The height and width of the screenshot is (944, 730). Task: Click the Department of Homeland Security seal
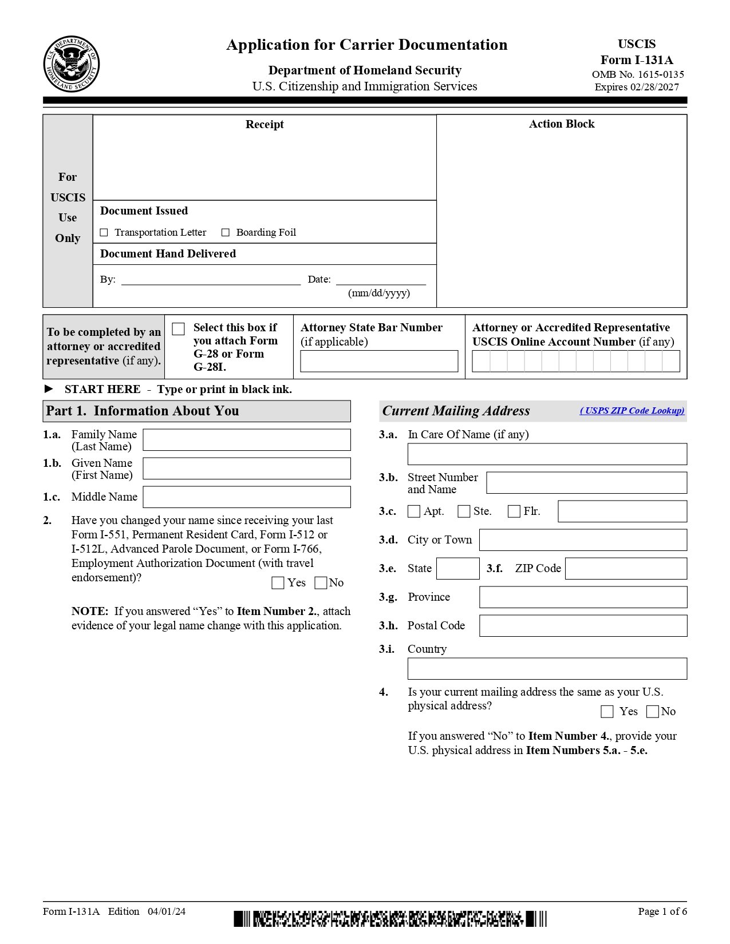click(71, 64)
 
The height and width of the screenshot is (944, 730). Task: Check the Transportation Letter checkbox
click(104, 232)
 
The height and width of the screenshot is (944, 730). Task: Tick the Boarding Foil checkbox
click(226, 232)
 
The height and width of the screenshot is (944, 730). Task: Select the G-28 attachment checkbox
click(179, 329)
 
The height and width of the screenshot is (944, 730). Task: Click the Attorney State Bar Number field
click(379, 361)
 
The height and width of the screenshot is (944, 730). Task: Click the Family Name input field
click(246, 440)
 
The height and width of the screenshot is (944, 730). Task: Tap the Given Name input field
click(246, 469)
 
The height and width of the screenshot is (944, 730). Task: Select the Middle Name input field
click(246, 497)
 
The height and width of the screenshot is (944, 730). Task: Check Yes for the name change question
click(278, 582)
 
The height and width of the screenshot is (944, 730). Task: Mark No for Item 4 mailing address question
click(653, 711)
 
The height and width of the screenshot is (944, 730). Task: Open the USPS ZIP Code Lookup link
click(632, 411)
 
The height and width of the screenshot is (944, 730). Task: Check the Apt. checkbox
click(413, 511)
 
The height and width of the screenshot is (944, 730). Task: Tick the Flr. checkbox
click(514, 511)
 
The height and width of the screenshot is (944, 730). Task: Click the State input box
click(457, 569)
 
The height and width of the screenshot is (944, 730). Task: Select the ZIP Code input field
click(626, 569)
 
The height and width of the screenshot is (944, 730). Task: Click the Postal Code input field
click(583, 626)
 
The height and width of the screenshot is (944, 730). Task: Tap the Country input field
click(547, 669)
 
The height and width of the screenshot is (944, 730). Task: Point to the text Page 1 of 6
click(662, 911)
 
